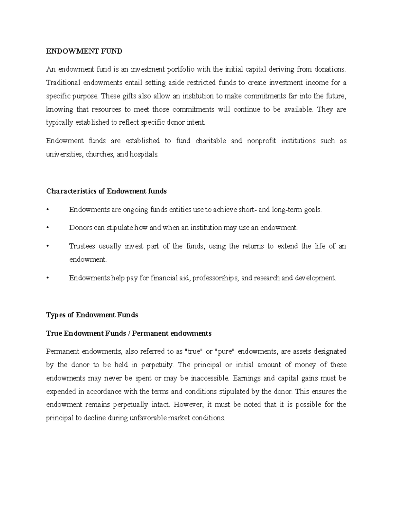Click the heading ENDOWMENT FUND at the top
coord(84,51)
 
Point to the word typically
coord(60,123)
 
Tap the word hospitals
coord(144,154)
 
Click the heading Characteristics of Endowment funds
coord(106,191)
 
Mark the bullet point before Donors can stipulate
coord(48,228)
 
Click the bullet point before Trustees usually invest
coord(48,246)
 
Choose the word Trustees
coord(82,246)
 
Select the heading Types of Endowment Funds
coord(92,315)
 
